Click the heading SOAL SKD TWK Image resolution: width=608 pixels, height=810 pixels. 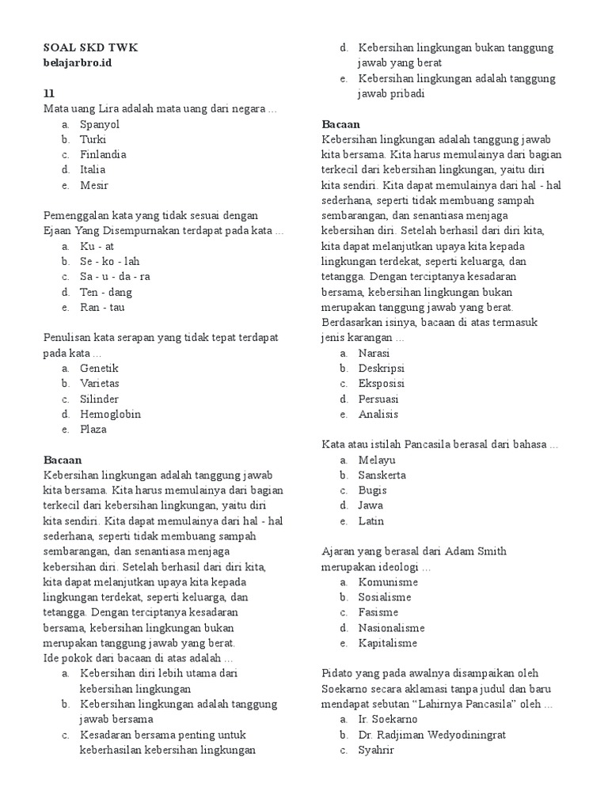click(x=90, y=47)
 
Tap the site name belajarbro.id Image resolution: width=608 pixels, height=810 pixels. click(x=78, y=62)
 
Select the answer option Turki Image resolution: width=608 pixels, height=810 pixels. click(x=93, y=139)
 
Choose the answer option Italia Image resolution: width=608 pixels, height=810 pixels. click(x=93, y=169)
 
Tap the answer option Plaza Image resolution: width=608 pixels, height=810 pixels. click(x=93, y=430)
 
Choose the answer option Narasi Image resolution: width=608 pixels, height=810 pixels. click(x=374, y=354)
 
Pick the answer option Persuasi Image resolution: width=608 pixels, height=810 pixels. click(x=378, y=399)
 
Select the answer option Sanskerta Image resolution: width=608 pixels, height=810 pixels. click(x=382, y=475)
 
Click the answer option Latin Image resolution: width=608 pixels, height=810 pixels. click(x=371, y=521)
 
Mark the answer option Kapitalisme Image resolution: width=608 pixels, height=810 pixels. click(x=388, y=643)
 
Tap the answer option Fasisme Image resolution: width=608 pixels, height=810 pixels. click(x=378, y=612)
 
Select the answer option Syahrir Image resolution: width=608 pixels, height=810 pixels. click(x=375, y=750)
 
